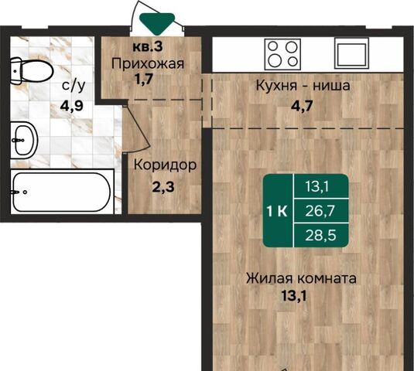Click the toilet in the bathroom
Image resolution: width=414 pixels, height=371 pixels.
(31, 71)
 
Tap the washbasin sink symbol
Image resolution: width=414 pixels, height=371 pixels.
(24, 140)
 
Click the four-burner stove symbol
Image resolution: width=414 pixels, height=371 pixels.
(282, 54)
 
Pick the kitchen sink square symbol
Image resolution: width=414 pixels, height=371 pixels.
(351, 53)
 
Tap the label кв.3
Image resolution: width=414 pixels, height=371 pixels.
(147, 46)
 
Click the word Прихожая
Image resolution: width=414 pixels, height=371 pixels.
(148, 64)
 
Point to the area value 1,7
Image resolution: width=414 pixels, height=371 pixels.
(143, 79)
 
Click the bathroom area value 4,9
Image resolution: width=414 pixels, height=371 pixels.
(72, 106)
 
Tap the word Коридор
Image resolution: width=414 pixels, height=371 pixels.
(165, 165)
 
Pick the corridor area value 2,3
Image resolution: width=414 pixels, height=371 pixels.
(163, 187)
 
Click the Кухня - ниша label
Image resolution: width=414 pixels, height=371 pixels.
(303, 86)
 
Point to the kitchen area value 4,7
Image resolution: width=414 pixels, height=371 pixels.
(302, 106)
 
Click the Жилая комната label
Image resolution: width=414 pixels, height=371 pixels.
(301, 278)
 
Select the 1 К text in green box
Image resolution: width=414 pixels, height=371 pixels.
(277, 211)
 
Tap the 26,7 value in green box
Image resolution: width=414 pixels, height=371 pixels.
(320, 211)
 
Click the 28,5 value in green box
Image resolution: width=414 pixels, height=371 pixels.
(320, 235)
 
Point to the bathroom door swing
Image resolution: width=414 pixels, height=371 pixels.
(137, 129)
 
